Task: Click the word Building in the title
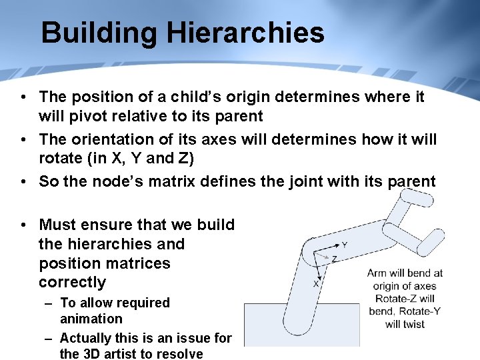(97, 33)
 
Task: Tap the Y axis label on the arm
(345, 245)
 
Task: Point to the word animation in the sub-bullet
(91, 319)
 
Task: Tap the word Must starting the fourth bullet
(59, 225)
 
